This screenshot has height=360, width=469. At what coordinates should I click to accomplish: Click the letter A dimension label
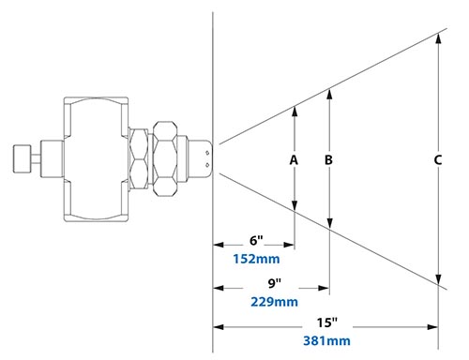pos(294,160)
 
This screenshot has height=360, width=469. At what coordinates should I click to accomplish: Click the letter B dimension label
pos(328,160)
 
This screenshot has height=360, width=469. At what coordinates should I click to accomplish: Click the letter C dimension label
pos(438,160)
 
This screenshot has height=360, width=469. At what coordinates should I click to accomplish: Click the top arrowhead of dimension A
pos(295,109)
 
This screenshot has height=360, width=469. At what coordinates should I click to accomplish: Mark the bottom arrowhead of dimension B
pos(329,222)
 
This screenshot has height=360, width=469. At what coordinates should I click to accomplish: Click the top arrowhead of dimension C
pos(439,36)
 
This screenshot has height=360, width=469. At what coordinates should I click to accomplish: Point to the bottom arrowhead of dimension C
pos(439,284)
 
